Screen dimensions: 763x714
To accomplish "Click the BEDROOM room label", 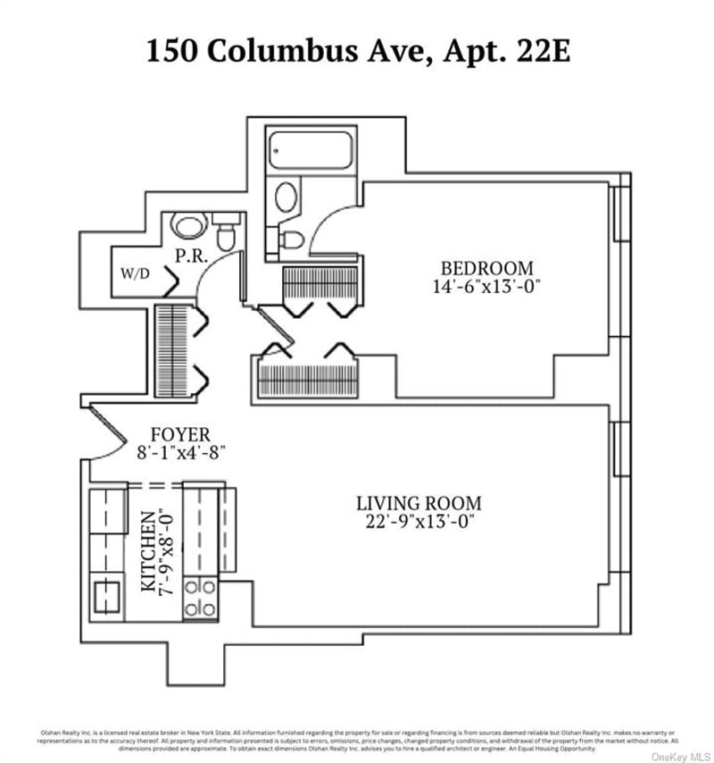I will [487, 268].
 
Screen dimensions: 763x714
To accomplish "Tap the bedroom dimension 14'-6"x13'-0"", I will [487, 287].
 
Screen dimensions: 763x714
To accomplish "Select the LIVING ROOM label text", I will [419, 503].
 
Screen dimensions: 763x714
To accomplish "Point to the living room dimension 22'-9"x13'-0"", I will [419, 522].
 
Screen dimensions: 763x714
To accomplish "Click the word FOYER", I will [179, 434].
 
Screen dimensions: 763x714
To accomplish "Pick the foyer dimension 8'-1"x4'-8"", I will [179, 452].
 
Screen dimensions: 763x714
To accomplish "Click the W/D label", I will [135, 275].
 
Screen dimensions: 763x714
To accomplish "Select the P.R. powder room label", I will [192, 256].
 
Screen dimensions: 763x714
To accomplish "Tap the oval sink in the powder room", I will [187, 224].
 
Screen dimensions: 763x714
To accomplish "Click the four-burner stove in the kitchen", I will [200, 598].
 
